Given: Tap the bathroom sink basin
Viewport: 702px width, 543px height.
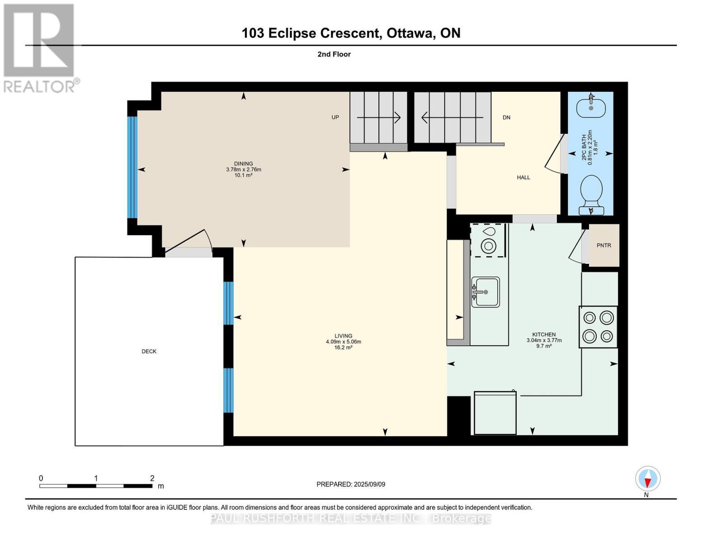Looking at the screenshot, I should tap(591, 107).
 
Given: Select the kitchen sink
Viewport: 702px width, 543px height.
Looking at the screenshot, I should tap(486, 292).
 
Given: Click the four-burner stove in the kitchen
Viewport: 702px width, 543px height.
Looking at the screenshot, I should tap(598, 327).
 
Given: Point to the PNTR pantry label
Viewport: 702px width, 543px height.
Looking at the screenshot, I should tap(603, 245).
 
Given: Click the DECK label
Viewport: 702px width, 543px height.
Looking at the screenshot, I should tap(149, 351).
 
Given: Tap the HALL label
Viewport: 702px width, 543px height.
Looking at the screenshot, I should tap(523, 177).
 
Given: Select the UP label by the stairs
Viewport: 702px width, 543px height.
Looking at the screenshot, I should tap(335, 117).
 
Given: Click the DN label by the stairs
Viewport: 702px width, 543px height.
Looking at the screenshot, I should tap(506, 117).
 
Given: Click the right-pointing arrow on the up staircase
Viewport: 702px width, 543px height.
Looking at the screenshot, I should tap(379, 118).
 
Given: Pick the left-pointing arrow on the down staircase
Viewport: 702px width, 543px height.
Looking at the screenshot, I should tap(452, 118).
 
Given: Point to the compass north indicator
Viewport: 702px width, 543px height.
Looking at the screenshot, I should tap(648, 479).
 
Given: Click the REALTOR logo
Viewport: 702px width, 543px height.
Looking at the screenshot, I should tap(40, 48).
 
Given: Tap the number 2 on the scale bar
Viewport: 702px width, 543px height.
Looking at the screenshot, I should tap(152, 478).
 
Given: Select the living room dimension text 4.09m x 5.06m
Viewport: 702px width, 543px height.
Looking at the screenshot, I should tap(343, 342).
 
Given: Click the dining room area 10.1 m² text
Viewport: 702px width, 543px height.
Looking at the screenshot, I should tap(243, 175).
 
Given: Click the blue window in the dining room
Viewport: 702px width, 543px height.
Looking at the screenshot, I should tap(132, 167).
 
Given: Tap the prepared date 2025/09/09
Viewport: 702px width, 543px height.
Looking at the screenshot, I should tap(369, 484).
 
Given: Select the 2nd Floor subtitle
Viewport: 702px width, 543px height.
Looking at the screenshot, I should tap(334, 54).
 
